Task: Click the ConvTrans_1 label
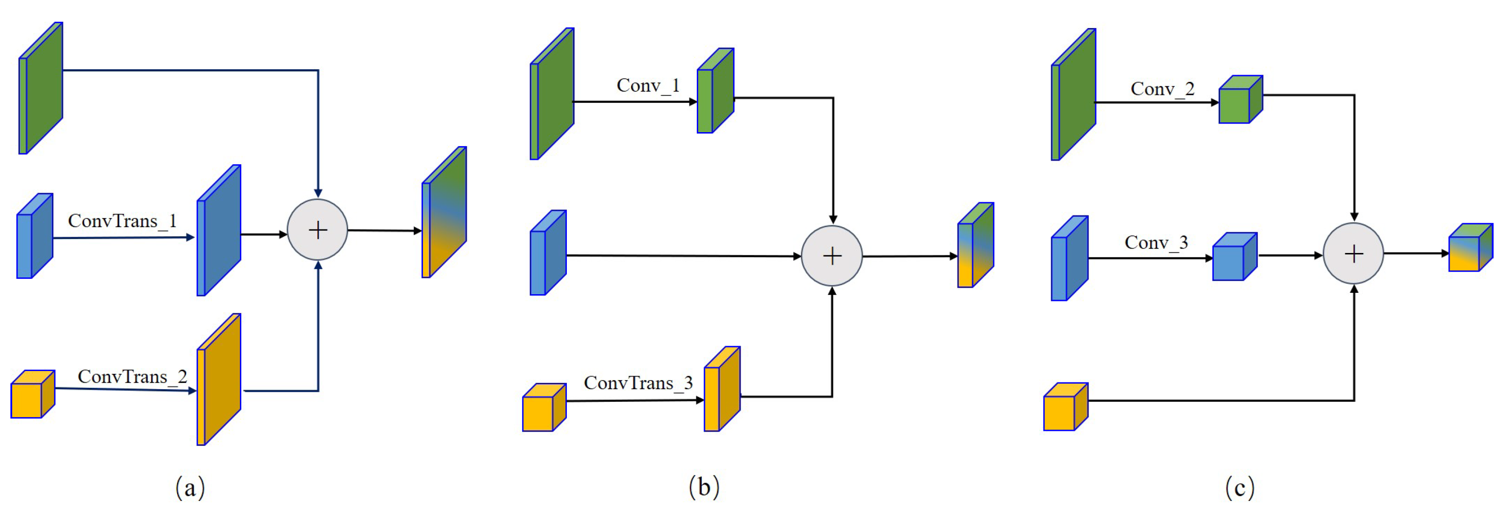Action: (122, 221)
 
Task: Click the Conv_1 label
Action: (648, 86)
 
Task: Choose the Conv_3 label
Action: (1156, 243)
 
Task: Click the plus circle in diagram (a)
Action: (318, 230)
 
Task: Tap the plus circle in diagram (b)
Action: (832, 256)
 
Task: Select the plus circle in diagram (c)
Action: (1353, 253)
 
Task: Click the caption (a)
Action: (190, 487)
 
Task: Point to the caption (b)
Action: (704, 487)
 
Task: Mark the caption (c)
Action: (1240, 487)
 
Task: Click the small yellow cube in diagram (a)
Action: (32, 395)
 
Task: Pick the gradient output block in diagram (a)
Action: (444, 213)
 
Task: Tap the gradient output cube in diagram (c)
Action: (1470, 248)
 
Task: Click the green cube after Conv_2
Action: (1240, 100)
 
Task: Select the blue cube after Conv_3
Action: (1234, 257)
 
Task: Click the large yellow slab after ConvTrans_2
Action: (219, 380)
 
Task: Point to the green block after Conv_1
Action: (715, 91)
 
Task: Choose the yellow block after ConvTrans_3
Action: (722, 390)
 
